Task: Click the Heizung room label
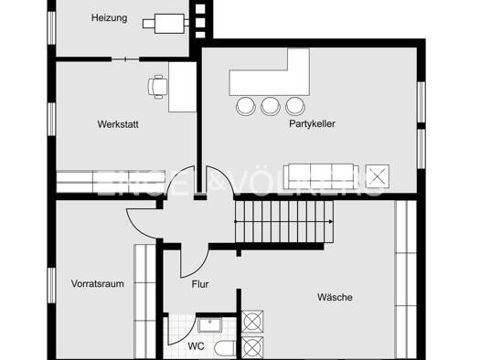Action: [x=110, y=17]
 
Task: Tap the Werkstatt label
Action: [x=118, y=124]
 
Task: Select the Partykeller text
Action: [x=312, y=123]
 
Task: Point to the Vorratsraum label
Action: [x=97, y=283]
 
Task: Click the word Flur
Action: [x=200, y=284]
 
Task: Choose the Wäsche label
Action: [x=335, y=297]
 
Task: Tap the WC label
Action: [x=196, y=346]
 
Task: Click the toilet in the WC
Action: [x=225, y=348]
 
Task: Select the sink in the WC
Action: [x=210, y=325]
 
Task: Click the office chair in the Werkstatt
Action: [x=157, y=87]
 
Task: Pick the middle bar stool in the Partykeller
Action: [x=271, y=106]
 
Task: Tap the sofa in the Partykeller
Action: [x=321, y=176]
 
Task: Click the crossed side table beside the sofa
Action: [x=378, y=176]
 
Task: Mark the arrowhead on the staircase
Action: [x=331, y=222]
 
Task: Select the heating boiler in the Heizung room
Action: [x=165, y=24]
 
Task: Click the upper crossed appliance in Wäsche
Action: [x=252, y=322]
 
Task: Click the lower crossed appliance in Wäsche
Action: [x=252, y=347]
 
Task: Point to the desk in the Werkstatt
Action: [x=183, y=87]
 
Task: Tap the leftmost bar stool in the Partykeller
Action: [x=246, y=106]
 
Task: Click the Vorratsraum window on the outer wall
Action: [x=52, y=285]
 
